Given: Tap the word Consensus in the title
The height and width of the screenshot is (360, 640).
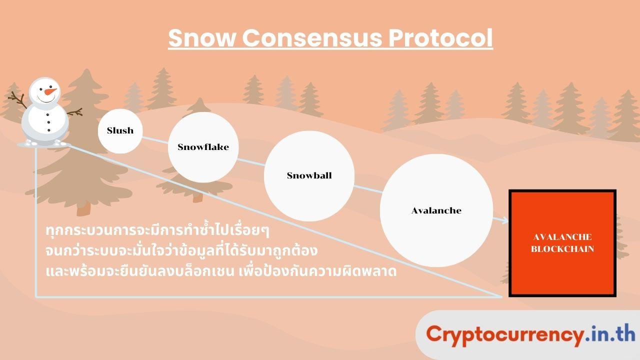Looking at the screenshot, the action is [312, 37].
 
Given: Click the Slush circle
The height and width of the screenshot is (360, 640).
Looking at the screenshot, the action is [120, 131].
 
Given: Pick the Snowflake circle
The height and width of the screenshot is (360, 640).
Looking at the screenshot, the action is [203, 147].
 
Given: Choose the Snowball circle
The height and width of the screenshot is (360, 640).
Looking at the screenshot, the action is [309, 176].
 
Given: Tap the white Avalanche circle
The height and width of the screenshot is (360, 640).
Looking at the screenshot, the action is [436, 210].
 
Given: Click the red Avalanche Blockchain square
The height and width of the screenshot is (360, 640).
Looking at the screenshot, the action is [562, 243].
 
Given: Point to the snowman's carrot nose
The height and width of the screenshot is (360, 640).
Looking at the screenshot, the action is [50, 91].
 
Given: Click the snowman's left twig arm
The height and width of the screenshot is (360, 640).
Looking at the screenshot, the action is [17, 99].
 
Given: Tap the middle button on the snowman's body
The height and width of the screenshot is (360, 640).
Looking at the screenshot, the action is [48, 122].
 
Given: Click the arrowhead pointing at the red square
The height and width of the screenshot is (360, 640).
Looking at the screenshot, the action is [505, 220].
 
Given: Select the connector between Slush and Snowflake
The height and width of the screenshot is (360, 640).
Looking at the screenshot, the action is [155, 140].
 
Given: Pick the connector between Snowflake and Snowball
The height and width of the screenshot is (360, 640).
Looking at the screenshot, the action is [251, 162].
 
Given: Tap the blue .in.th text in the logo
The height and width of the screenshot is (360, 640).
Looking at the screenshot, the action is [609, 333].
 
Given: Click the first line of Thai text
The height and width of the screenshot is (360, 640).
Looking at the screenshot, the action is [157, 230].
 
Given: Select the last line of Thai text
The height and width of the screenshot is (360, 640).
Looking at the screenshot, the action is [221, 271].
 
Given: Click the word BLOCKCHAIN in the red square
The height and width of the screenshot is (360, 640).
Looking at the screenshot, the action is [562, 249].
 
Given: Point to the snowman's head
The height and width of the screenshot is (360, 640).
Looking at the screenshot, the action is [45, 91].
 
